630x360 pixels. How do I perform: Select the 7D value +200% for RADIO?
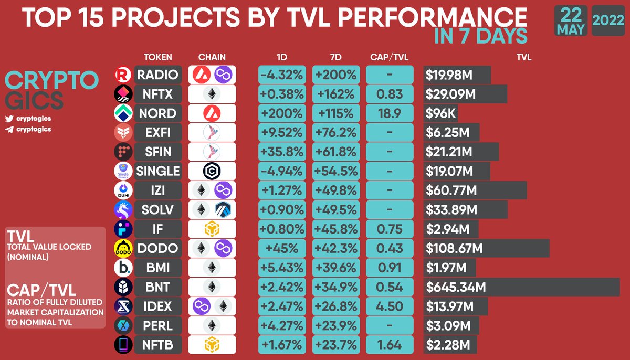pyautogui.click(x=336, y=75)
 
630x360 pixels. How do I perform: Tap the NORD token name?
pyautogui.click(x=157, y=113)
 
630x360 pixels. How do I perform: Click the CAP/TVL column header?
pyautogui.click(x=389, y=57)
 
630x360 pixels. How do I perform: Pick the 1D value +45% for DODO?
pyautogui.click(x=282, y=248)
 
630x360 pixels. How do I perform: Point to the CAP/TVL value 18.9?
pyautogui.click(x=389, y=113)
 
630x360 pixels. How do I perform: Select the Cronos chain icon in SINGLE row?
pyautogui.click(x=212, y=171)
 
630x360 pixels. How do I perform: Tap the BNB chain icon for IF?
pyautogui.click(x=212, y=229)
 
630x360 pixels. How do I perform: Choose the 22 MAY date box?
pyautogui.click(x=571, y=21)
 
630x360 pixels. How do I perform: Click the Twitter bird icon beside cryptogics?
pyautogui.click(x=8, y=119)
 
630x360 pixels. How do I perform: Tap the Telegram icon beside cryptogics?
pyautogui.click(x=8, y=129)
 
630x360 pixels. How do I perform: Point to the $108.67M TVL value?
pyautogui.click(x=455, y=248)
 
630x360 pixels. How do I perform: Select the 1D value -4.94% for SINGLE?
pyautogui.click(x=282, y=171)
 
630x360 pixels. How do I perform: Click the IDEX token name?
pyautogui.click(x=157, y=306)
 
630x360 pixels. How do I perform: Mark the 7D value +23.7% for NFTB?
pyautogui.click(x=336, y=345)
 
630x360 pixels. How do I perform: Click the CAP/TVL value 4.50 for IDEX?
pyautogui.click(x=389, y=306)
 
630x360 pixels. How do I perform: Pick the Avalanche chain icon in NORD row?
pyautogui.click(x=212, y=113)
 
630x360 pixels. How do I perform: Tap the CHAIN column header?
pyautogui.click(x=212, y=57)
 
